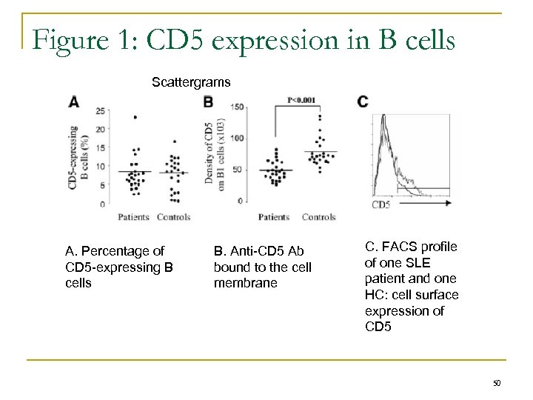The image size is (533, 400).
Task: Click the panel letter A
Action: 74,101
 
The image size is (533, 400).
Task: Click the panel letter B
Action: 209,101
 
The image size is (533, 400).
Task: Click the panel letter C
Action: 362,101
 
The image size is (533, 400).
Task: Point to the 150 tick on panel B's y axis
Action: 238,107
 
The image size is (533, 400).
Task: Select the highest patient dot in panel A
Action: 135,117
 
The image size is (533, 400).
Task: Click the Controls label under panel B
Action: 319,217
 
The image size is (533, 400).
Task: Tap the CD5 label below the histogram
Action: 381,204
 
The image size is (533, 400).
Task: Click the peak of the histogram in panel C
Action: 383,116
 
